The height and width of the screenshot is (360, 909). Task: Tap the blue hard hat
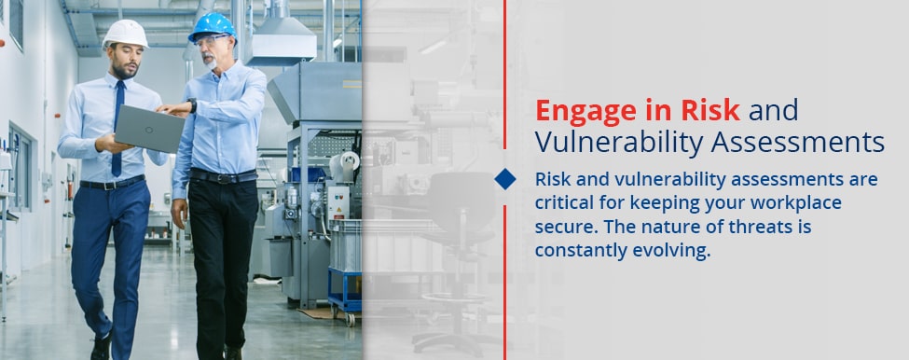(x=213, y=26)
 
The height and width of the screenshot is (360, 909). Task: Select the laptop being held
(x=148, y=128)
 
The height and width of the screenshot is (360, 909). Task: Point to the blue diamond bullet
(x=505, y=179)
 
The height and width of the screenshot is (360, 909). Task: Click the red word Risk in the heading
(x=713, y=111)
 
